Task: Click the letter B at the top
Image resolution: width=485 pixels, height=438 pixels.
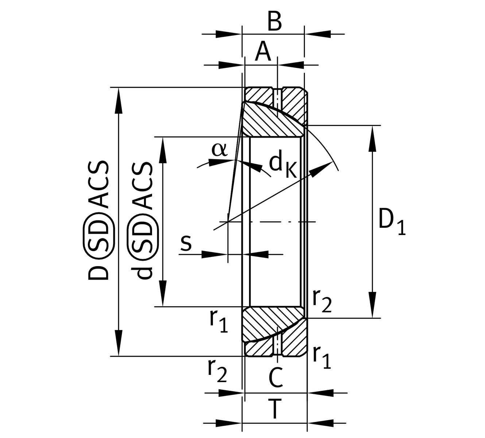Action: pyautogui.click(x=275, y=22)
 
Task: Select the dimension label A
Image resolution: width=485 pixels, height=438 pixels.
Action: pyautogui.click(x=263, y=52)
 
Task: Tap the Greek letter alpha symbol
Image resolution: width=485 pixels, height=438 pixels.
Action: pyautogui.click(x=220, y=150)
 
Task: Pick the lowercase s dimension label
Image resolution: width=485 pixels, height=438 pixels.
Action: pyautogui.click(x=186, y=243)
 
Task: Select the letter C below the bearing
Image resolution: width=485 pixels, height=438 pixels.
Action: pyautogui.click(x=276, y=378)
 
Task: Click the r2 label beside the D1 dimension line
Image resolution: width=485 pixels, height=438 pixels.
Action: pyautogui.click(x=322, y=301)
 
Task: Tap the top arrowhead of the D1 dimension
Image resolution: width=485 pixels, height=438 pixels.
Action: pyautogui.click(x=372, y=139)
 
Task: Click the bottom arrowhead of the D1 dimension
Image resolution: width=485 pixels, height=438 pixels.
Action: pyautogui.click(x=372, y=305)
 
